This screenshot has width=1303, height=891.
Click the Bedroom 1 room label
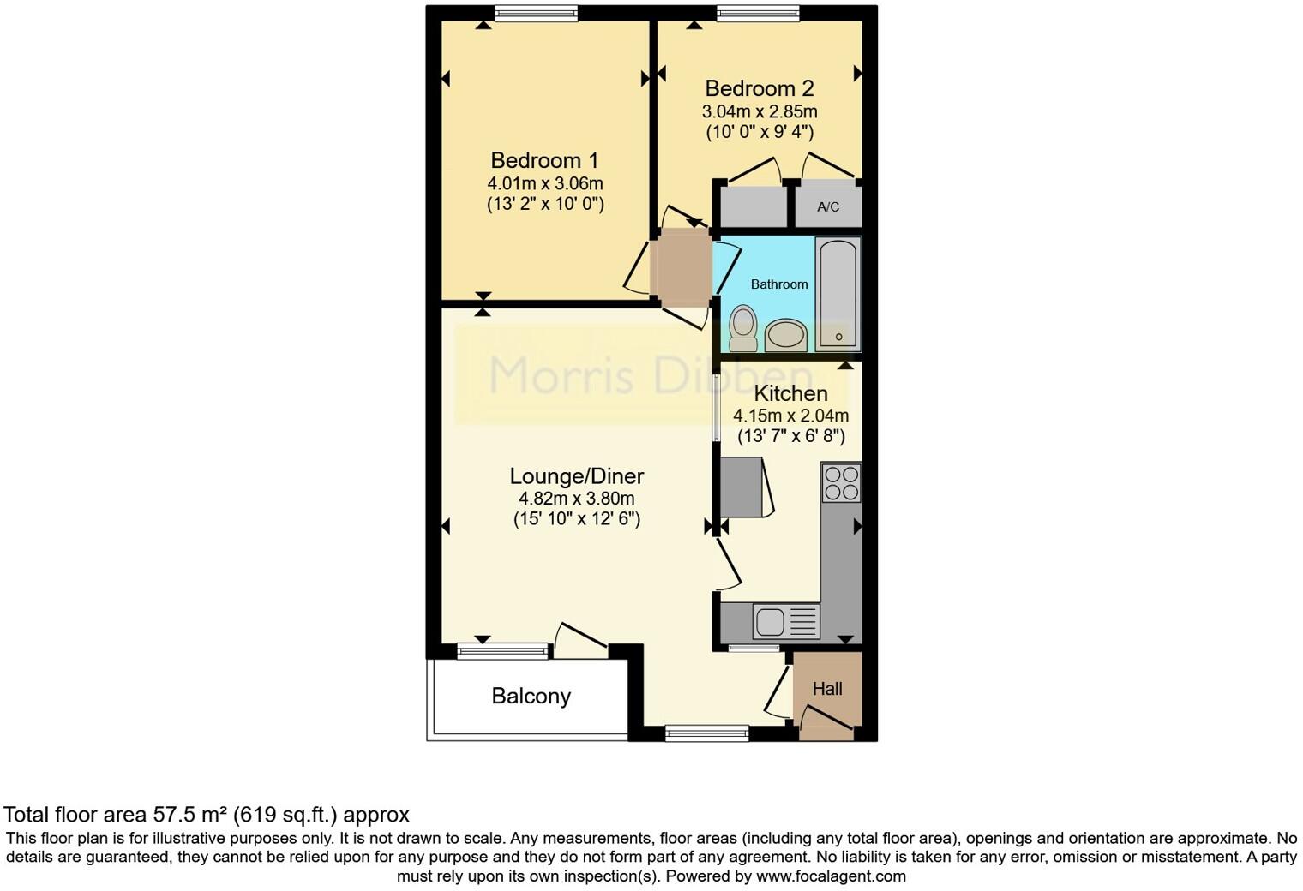tap(544, 160)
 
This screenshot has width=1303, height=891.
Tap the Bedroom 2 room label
tap(759, 88)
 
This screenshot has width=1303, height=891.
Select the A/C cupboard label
tap(827, 207)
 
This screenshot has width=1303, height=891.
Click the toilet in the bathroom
tap(742, 328)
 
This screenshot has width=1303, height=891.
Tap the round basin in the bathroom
tap(785, 335)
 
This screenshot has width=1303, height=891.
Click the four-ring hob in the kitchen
tap(841, 482)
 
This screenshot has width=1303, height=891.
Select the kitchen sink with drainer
tap(786, 621)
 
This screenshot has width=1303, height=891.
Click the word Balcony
tap(531, 696)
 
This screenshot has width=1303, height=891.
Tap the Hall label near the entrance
tap(826, 689)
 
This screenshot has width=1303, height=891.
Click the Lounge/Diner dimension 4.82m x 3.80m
tap(576, 499)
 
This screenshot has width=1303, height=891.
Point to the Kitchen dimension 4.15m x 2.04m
tap(790, 416)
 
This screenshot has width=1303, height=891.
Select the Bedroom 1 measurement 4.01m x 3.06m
tap(544, 183)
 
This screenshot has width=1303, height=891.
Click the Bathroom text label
tap(778, 284)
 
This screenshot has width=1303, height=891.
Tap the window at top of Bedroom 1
tap(536, 13)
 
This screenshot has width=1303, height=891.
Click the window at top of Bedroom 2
tap(758, 13)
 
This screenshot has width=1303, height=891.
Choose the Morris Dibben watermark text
tap(650, 375)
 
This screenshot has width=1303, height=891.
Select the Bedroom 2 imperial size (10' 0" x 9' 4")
tap(759, 132)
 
